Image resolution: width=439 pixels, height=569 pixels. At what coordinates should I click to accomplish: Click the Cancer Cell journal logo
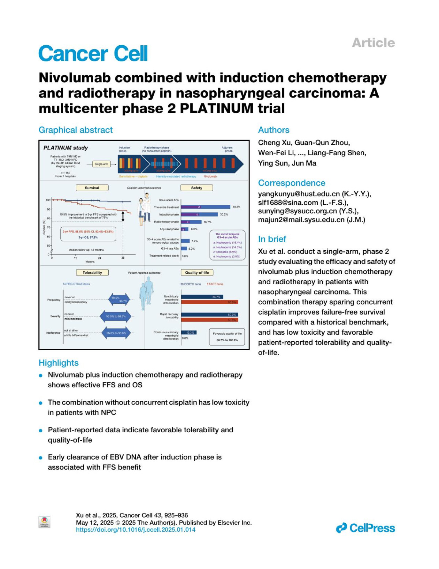(93, 54)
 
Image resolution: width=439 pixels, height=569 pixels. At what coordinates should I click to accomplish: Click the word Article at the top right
(373, 43)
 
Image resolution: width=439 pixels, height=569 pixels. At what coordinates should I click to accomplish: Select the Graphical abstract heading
(76, 130)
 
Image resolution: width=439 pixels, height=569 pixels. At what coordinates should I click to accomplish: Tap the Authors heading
(274, 130)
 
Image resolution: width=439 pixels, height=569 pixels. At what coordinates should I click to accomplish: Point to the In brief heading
(272, 239)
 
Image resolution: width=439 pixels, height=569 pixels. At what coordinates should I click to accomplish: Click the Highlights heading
(59, 363)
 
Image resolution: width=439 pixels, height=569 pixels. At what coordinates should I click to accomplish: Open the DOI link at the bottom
(136, 530)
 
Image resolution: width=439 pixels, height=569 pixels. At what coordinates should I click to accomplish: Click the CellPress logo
(365, 528)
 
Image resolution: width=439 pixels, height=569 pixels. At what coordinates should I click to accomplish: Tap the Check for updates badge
(44, 522)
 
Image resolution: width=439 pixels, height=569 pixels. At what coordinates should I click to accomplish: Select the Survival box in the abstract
(92, 188)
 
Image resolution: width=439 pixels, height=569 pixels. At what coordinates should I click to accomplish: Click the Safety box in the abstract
(196, 188)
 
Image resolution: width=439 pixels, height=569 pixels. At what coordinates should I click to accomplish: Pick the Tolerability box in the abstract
(92, 273)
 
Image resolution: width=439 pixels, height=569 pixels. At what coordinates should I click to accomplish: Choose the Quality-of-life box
(197, 273)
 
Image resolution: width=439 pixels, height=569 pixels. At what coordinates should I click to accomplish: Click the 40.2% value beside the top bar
(236, 207)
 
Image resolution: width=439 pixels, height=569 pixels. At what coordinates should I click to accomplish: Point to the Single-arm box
(101, 164)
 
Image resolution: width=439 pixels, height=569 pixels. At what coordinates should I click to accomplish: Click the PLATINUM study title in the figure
(66, 148)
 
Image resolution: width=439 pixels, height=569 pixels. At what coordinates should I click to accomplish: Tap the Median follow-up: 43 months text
(86, 250)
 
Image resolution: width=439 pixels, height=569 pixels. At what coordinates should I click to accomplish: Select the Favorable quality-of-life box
(227, 337)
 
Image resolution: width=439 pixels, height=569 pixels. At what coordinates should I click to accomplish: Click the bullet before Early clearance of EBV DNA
(41, 458)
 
